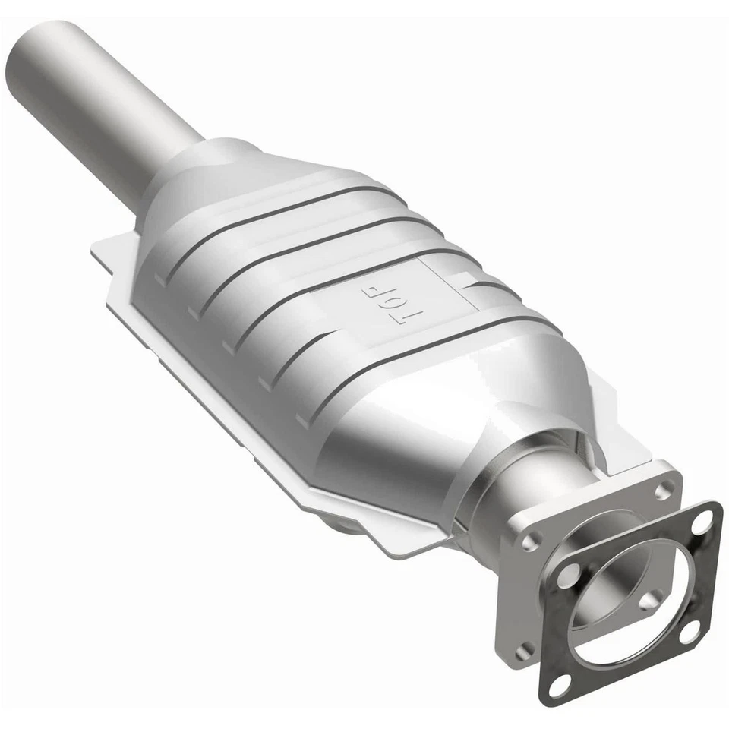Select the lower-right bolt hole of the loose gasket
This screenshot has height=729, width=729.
click(x=690, y=631)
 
